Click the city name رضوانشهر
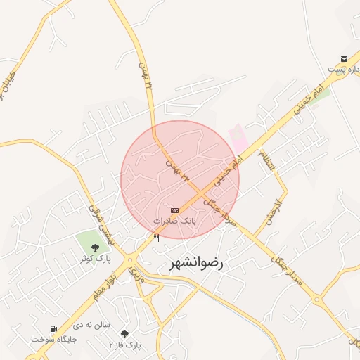(196, 264)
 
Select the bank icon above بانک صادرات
(174, 210)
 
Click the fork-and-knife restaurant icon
(156, 238)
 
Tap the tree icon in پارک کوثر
(95, 247)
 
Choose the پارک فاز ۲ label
(125, 345)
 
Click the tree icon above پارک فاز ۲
(125, 334)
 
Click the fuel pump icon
(53, 328)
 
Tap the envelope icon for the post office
(344, 58)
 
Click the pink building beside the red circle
(239, 136)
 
